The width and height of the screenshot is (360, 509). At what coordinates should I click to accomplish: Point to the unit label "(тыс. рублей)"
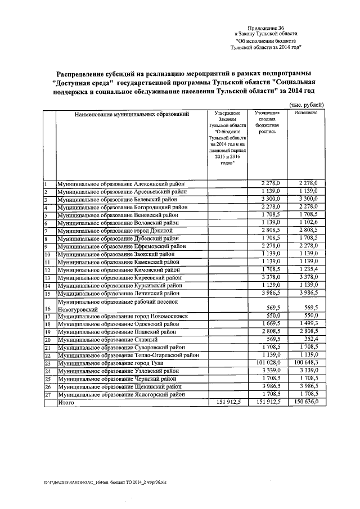[306, 105]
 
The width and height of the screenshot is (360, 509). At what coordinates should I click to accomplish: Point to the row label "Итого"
[66, 403]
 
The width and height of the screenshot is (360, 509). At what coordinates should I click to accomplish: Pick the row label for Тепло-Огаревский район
[127, 355]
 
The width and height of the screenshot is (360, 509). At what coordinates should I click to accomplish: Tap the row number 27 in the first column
[48, 395]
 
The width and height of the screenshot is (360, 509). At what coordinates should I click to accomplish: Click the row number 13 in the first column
[48, 278]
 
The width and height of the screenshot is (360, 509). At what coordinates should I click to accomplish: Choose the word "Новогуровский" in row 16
[79, 309]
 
